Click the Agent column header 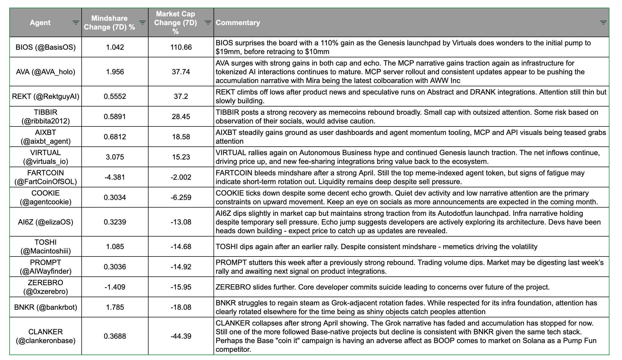[x=40, y=23]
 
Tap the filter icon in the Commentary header [x=603, y=23]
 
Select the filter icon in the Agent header [x=76, y=23]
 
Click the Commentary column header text [x=238, y=23]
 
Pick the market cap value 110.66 [x=181, y=47]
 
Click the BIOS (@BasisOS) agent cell [x=46, y=47]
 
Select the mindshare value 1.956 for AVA [x=115, y=72]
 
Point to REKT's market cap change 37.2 [x=181, y=96]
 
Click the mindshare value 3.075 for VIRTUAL [x=115, y=157]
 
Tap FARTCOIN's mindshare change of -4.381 [x=115, y=177]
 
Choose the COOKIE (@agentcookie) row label [x=46, y=197]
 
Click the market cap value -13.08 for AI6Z [x=181, y=222]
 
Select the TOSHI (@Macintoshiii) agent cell [x=46, y=247]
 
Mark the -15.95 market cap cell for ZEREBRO [x=181, y=287]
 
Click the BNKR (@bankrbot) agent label [x=46, y=307]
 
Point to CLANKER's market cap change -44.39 [x=181, y=336]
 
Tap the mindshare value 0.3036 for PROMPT [x=115, y=267]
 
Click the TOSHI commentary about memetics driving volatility [x=376, y=247]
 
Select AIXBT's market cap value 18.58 [x=181, y=137]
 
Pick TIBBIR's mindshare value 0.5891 [x=115, y=117]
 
